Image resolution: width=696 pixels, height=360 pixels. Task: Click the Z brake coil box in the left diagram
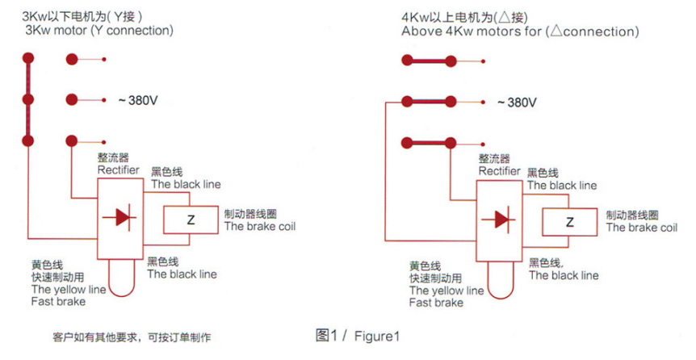[x=191, y=220]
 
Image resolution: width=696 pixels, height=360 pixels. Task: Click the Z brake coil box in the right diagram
[x=569, y=221]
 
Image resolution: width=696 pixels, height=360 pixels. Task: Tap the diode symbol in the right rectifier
[x=501, y=218]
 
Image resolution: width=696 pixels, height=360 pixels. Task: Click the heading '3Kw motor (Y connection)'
[x=99, y=31]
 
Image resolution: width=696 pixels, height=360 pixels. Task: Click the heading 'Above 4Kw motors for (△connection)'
[x=520, y=31]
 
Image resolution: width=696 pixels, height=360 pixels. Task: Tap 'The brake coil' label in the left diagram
[x=260, y=226]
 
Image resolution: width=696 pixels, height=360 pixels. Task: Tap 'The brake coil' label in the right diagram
[x=642, y=228]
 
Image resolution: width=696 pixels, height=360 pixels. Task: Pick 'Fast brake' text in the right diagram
[x=436, y=303]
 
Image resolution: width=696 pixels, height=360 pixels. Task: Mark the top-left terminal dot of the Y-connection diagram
[x=28, y=59]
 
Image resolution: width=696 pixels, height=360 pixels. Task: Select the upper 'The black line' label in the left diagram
[x=186, y=184]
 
